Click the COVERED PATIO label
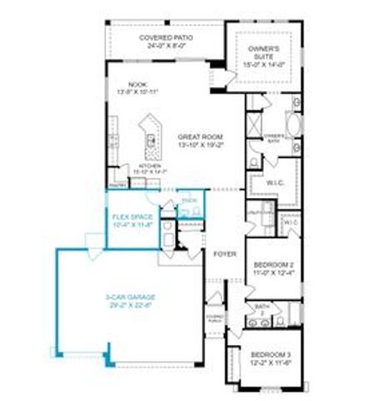(x=164, y=38)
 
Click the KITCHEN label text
(x=149, y=166)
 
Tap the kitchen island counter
(x=151, y=135)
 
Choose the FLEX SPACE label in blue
(x=132, y=216)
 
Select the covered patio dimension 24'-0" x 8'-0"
(x=164, y=46)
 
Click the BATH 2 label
(x=260, y=308)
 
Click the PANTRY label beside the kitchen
(x=116, y=185)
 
